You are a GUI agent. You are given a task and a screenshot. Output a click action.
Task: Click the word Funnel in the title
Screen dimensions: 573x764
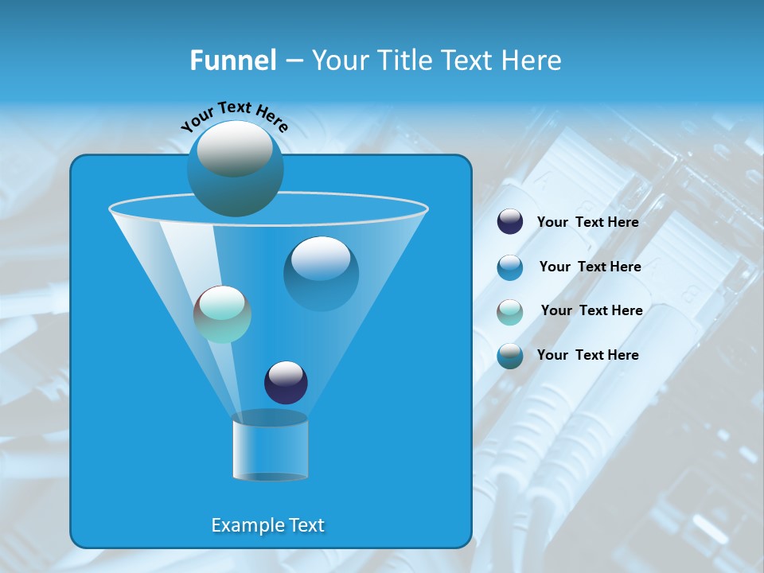[x=232, y=60]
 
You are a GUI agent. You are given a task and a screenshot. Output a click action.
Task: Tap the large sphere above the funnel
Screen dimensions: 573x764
[x=235, y=169]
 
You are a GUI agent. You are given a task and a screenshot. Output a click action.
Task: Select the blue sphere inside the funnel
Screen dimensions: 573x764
[x=321, y=273]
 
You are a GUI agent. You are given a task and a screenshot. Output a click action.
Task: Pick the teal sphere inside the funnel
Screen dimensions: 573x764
[x=222, y=314]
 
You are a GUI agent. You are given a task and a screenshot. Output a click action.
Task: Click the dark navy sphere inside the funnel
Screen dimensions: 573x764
[x=286, y=382]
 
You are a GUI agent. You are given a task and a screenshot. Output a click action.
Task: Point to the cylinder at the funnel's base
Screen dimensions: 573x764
[x=270, y=447]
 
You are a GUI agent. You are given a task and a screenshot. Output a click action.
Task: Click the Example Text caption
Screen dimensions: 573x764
[x=267, y=525]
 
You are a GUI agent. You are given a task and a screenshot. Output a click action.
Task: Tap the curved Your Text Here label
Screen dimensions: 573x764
[x=234, y=115]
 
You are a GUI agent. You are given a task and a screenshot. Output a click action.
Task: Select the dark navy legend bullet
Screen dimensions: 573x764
[x=510, y=222]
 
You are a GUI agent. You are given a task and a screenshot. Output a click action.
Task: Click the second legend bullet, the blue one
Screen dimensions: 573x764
[x=510, y=267]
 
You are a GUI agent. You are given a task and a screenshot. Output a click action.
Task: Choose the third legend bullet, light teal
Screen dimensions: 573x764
[x=510, y=311]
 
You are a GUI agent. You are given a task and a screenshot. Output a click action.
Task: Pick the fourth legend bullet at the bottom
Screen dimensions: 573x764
[x=510, y=355]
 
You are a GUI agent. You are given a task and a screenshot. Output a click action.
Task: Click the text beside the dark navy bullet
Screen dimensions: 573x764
[x=587, y=222]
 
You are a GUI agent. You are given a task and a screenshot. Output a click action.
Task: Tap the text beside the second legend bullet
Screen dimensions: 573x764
[x=590, y=267]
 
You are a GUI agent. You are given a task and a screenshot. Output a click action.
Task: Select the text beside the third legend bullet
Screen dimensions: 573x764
[x=591, y=310]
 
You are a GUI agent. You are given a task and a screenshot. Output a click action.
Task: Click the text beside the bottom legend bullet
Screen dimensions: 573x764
[x=587, y=355]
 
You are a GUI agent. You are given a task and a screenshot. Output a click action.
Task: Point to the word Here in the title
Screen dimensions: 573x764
[x=532, y=60]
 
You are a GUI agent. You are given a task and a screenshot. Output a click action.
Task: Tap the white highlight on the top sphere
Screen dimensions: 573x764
[x=235, y=147]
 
